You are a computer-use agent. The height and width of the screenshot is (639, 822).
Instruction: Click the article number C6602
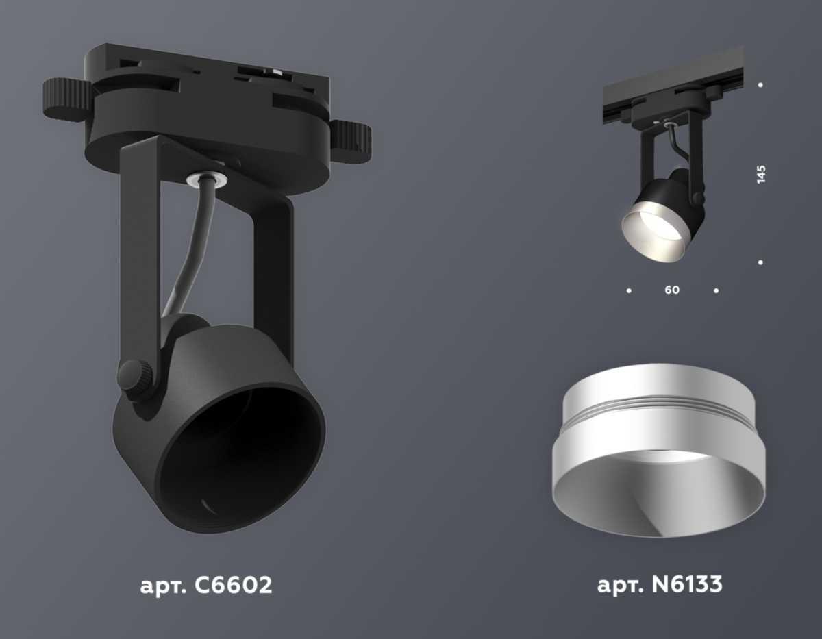click(x=232, y=586)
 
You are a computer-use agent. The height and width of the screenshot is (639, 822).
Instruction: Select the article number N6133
click(x=685, y=586)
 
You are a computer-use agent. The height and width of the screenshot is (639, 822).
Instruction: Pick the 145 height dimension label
click(x=761, y=174)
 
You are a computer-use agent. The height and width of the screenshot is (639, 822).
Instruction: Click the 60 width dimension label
click(x=672, y=290)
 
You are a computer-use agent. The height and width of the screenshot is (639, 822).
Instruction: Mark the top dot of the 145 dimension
click(x=761, y=85)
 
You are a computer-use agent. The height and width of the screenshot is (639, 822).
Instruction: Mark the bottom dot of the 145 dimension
click(x=761, y=262)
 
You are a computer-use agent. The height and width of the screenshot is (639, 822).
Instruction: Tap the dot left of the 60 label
click(x=629, y=290)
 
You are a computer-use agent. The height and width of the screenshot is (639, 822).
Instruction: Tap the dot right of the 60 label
click(x=716, y=290)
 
